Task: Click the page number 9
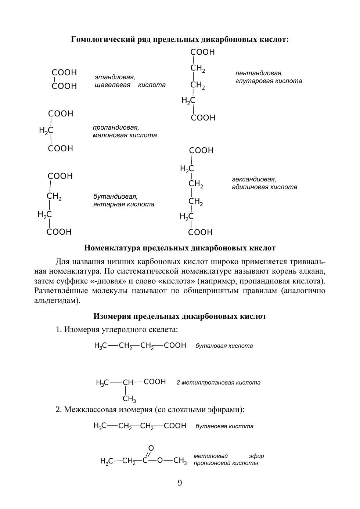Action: point(180,483)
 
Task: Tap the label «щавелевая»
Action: point(112,85)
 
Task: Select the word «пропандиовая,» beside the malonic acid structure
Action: point(116,127)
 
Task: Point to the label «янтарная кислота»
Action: point(124,204)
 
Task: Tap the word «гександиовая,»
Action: point(254,179)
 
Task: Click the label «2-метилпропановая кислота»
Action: point(219,382)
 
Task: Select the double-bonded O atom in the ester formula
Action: point(151,448)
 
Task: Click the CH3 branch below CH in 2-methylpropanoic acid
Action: point(129,399)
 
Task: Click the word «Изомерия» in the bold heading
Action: point(112,316)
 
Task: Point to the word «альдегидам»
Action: point(54,300)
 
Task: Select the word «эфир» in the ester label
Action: point(256,456)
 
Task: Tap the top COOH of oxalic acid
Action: point(64,72)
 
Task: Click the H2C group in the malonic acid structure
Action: point(46,130)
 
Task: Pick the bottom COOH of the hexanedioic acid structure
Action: point(200,232)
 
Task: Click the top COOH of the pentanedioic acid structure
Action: point(202,52)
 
